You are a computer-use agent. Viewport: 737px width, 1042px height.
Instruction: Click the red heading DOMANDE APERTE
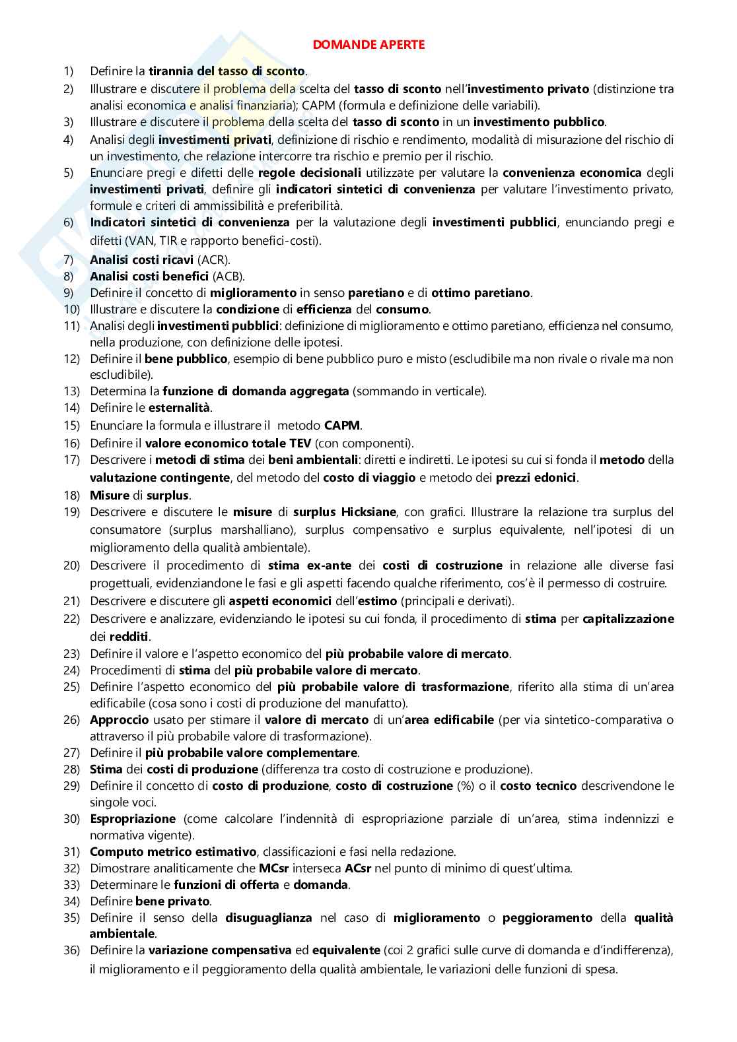pos(368,45)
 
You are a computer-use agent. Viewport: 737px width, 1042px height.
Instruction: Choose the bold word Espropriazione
pos(132,819)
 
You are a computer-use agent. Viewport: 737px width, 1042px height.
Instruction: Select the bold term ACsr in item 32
pos(359,868)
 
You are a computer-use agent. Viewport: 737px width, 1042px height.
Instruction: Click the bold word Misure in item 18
pos(109,496)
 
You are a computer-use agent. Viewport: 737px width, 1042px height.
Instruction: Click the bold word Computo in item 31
pos(115,851)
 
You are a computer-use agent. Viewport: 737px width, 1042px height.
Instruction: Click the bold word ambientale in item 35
pos(122,934)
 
